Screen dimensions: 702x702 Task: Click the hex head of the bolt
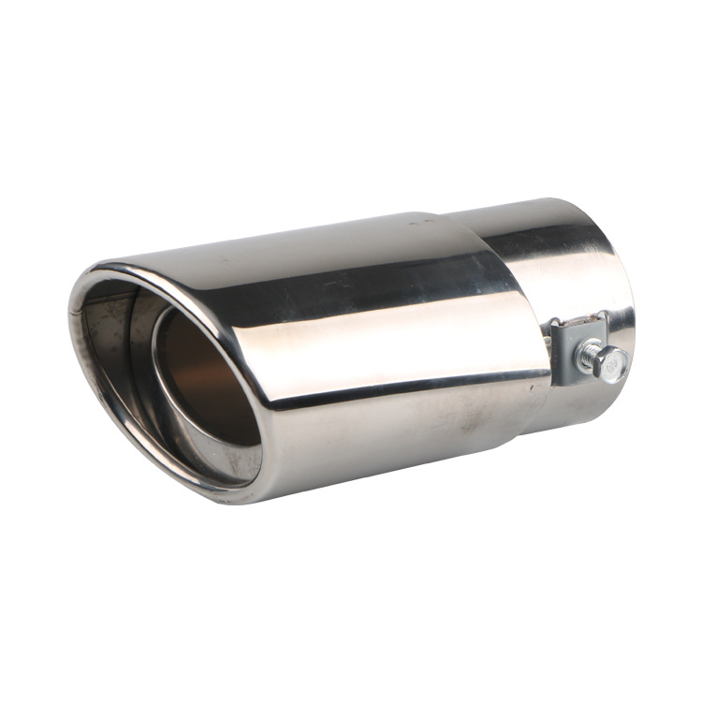(613, 363)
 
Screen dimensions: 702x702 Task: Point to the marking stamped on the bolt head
(615, 364)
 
